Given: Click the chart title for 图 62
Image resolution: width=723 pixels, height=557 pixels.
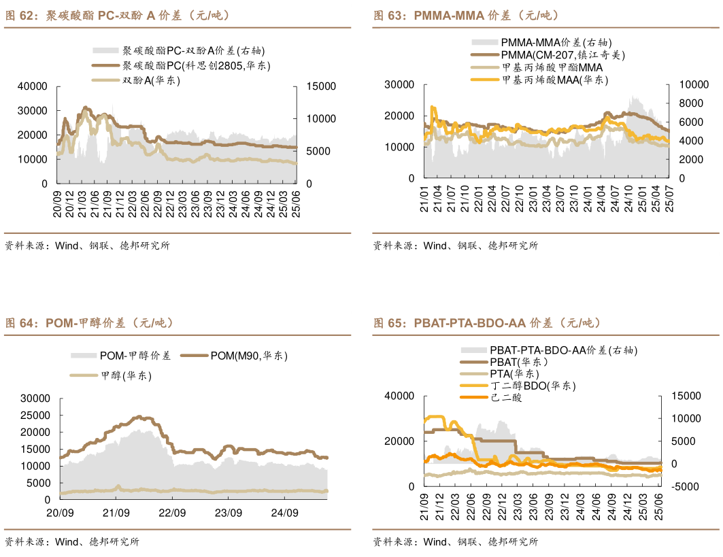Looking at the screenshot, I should (x=118, y=15).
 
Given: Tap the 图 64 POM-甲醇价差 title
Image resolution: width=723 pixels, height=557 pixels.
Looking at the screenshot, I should (x=89, y=322).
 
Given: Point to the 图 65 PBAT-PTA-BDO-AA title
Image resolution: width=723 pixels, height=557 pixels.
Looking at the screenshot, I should (x=487, y=322).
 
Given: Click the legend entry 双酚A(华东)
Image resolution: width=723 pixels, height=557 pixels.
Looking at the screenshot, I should (x=151, y=80).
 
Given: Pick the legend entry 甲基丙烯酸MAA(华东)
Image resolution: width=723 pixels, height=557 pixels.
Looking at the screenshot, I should (x=554, y=80).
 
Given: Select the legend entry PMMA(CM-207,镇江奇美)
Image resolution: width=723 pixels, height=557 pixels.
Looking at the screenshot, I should (x=562, y=55).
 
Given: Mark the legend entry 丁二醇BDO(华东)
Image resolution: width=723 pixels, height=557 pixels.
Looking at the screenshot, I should (x=533, y=386).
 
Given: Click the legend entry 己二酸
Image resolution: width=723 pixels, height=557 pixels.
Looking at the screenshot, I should (x=506, y=397).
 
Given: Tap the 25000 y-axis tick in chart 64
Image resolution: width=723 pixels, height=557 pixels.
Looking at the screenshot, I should (x=35, y=415).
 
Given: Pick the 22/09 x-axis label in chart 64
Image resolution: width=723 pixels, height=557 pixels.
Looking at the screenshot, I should (x=172, y=512).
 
